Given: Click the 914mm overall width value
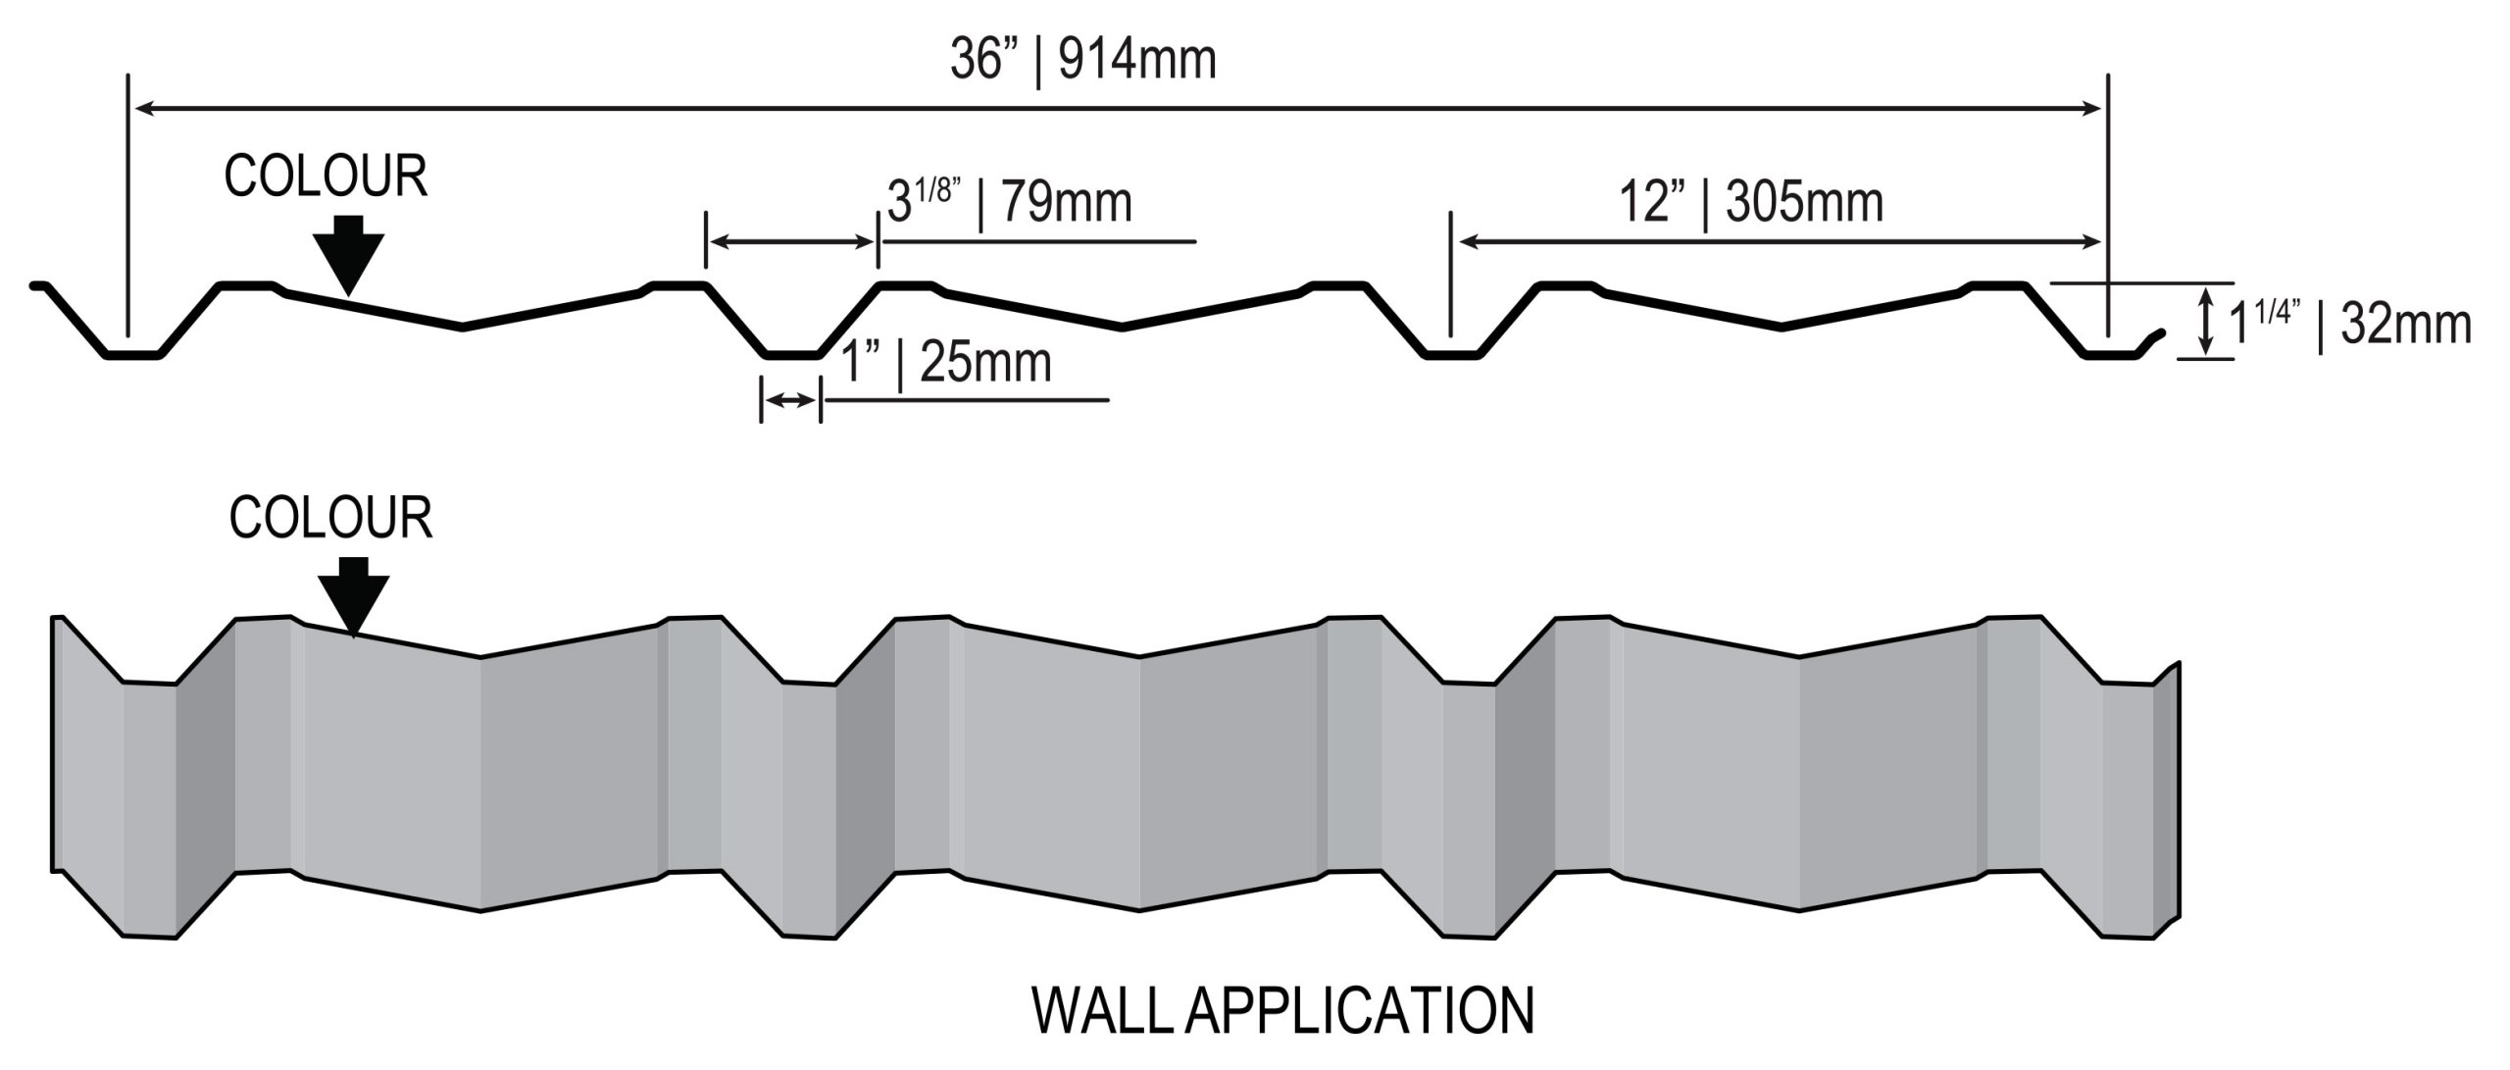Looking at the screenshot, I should [1137, 60].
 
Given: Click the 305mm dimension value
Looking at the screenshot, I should [1804, 203].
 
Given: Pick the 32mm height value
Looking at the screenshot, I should [2405, 325].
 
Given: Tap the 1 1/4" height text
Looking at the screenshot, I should [2264, 323].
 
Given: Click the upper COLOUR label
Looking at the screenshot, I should [326, 178].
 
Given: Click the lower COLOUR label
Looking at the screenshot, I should [330, 518].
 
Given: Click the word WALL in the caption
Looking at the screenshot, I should [1103, 1011].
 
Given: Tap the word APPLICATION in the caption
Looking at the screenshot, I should [1359, 1011].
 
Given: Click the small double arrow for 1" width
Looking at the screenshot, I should [790, 400].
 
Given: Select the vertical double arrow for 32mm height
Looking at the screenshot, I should [2206, 321].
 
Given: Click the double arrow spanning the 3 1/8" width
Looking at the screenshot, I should [791, 241].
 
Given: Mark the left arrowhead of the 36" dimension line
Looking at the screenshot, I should [142, 109].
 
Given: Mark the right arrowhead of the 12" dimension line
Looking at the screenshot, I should [2094, 241].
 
